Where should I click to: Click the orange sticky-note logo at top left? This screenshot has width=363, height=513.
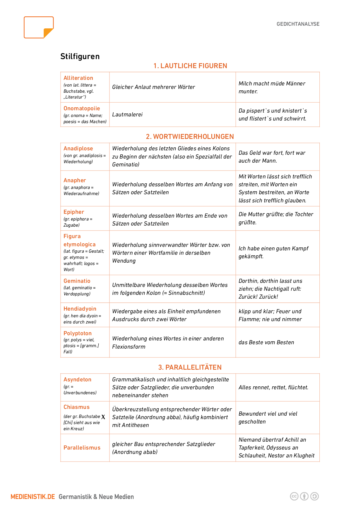click(39, 27)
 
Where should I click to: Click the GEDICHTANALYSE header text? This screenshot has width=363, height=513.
click(298, 24)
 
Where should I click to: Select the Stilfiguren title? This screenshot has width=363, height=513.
click(80, 56)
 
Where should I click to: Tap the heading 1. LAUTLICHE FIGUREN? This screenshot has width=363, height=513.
click(190, 66)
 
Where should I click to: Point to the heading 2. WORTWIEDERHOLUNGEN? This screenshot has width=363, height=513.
click(190, 137)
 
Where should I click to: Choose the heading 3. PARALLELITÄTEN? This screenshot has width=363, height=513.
click(190, 367)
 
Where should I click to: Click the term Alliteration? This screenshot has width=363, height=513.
click(78, 78)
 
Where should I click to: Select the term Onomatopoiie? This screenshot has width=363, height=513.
click(82, 109)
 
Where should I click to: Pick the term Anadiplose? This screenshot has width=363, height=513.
click(78, 149)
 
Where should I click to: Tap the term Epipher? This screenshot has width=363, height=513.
click(74, 212)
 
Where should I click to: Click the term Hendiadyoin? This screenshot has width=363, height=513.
click(80, 309)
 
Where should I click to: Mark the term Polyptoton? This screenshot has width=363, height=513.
click(78, 333)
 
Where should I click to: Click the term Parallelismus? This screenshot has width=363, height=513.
click(82, 448)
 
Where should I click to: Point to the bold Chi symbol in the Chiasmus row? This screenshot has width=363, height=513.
click(103, 417)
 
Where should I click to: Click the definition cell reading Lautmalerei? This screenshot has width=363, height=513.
click(127, 115)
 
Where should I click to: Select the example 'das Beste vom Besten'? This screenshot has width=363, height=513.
click(266, 342)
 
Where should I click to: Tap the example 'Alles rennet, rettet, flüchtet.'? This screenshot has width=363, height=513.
click(273, 388)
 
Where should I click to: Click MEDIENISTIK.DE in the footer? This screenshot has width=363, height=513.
click(33, 497)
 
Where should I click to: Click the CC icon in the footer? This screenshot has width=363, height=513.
click(294, 496)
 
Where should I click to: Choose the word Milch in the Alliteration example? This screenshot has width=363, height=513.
click(245, 84)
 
